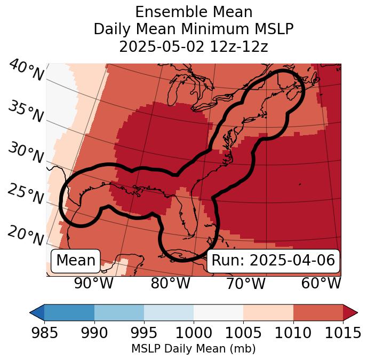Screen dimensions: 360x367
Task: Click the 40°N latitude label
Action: [26, 71]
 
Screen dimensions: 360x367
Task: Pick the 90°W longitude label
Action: [94, 284]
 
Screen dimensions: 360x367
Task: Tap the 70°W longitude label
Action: [246, 284]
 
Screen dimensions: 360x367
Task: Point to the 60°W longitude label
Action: [321, 284]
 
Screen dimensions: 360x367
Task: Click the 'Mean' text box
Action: [76, 261]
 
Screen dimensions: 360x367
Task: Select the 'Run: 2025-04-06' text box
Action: [273, 261]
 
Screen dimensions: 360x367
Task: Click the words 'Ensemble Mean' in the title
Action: [194, 12]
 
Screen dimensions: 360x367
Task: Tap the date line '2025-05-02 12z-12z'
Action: [194, 46]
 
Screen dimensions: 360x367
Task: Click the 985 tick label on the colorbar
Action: [44, 333]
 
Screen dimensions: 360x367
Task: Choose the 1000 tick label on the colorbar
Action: [194, 333]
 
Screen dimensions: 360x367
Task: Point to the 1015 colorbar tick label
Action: [343, 333]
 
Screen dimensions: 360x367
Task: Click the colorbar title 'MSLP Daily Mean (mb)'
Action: [194, 349]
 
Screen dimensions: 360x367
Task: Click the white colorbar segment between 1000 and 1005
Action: [218, 312]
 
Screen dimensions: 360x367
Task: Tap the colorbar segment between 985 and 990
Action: [69, 312]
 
